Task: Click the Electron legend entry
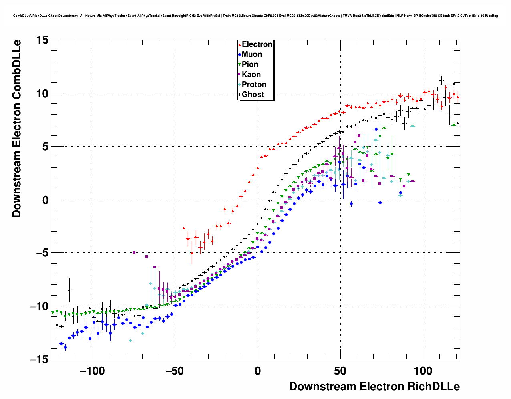tap(257, 44)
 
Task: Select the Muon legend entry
tap(251, 54)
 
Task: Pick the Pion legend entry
tap(250, 64)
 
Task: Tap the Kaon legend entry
tap(251, 75)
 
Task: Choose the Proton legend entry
tap(254, 85)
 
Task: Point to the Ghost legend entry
tap(253, 95)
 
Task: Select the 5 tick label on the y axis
tap(44, 147)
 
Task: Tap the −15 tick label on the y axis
tap(39, 359)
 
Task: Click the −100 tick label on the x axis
tap(93, 371)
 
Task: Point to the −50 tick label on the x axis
tap(175, 371)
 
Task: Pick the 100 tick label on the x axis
tap(423, 371)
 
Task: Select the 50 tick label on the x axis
tap(340, 371)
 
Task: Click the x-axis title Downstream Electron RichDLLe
tap(374, 387)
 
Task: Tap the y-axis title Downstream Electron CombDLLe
tap(16, 128)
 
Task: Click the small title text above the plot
tap(255, 16)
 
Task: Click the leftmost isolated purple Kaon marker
tap(134, 252)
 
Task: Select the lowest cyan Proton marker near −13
tap(131, 341)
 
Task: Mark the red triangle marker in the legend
tap(239, 45)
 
